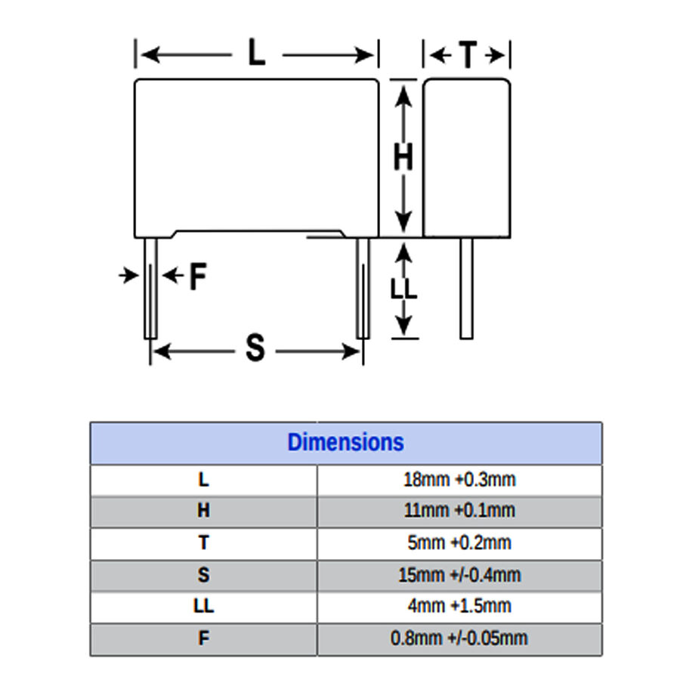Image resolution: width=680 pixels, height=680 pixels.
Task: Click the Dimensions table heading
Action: click(345, 442)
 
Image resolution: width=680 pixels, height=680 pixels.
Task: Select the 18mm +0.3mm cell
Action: click(459, 480)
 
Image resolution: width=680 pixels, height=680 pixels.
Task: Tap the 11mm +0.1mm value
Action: click(459, 511)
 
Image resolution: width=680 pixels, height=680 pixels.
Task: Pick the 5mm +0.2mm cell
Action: click(459, 542)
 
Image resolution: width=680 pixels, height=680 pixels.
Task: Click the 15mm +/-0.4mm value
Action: click(459, 575)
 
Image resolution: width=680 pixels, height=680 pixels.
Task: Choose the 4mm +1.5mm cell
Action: click(459, 606)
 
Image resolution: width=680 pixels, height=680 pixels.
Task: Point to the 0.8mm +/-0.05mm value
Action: click(459, 638)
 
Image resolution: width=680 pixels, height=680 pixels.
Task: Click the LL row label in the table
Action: click(203, 606)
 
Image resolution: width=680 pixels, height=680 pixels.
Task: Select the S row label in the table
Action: click(203, 575)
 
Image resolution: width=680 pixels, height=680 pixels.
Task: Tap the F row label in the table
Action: click(203, 638)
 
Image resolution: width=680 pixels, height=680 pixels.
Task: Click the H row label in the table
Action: click(203, 511)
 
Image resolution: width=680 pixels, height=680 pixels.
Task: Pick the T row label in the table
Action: click(203, 542)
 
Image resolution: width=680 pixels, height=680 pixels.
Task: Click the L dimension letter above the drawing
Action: click(257, 52)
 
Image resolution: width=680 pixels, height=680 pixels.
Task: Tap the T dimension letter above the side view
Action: click(468, 54)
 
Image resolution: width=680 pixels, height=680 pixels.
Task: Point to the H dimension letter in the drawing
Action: click(403, 156)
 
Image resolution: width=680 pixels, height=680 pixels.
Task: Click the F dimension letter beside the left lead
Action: click(198, 276)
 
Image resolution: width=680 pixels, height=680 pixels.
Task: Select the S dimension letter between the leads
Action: click(255, 348)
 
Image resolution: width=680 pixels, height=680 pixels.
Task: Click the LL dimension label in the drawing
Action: click(403, 289)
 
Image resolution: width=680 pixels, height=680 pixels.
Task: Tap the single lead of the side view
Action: click(466, 289)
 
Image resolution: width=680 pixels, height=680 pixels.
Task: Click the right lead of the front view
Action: click(363, 289)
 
